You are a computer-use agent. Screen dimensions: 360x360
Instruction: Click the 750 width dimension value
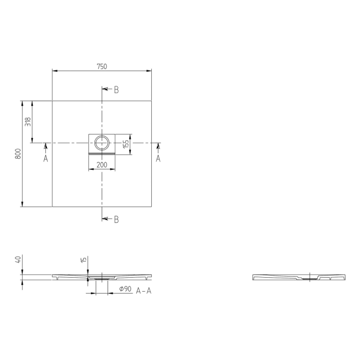click(102, 66)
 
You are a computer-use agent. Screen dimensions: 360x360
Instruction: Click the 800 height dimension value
click(17, 154)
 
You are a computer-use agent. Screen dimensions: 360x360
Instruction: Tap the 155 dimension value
click(125, 144)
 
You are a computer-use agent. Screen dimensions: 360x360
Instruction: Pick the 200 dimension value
click(102, 165)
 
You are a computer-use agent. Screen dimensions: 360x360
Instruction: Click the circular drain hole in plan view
click(102, 142)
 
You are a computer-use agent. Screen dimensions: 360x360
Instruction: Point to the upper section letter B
click(116, 89)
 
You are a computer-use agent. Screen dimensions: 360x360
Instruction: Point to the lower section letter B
click(116, 219)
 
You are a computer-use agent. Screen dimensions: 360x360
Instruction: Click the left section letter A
click(46, 158)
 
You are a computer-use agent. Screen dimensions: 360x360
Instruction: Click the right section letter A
click(158, 158)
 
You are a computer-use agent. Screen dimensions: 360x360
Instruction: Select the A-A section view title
click(143, 290)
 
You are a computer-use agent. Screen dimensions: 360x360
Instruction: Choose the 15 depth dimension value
click(84, 261)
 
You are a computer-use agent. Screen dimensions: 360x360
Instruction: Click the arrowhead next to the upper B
click(105, 89)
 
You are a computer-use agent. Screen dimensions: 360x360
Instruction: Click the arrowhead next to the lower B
click(105, 219)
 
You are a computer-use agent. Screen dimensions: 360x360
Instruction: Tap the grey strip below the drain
click(102, 153)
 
